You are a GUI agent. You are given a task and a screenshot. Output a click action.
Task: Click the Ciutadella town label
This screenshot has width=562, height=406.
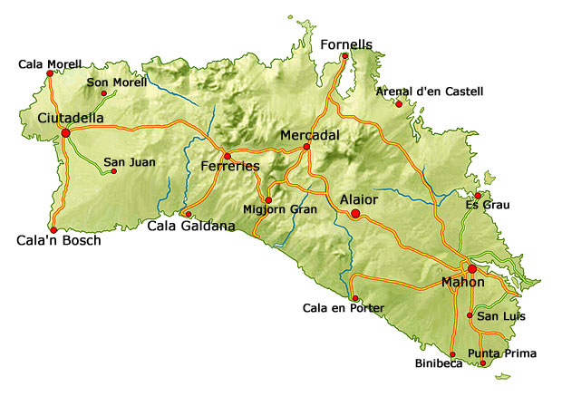tap(70, 118)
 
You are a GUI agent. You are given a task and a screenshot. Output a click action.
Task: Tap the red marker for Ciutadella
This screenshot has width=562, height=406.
tap(65, 133)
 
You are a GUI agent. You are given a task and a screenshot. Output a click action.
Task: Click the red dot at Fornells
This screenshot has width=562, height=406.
tap(344, 56)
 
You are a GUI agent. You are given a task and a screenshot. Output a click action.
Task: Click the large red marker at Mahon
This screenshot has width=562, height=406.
tap(471, 268)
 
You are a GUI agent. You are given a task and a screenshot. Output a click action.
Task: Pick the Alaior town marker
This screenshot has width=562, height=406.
tap(355, 214)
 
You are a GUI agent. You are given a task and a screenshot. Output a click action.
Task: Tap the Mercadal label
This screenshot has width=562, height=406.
tap(310, 134)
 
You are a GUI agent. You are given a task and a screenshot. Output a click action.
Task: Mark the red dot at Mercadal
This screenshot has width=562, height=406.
tap(306, 147)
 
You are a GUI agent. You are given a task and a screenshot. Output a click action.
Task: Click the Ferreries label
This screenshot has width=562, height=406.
tap(230, 167)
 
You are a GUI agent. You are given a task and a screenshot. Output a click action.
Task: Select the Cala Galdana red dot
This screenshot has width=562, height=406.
tap(189, 215)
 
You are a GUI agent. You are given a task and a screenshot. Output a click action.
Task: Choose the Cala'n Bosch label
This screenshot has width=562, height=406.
tap(58, 241)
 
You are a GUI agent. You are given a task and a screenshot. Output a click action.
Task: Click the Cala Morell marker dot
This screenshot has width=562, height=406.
tap(49, 74)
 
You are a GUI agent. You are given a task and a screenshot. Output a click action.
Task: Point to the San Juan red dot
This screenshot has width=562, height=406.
tap(113, 170)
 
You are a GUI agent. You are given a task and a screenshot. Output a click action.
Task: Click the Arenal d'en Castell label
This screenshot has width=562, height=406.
tap(430, 92)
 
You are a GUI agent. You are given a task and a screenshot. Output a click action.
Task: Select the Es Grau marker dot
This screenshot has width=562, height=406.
tap(478, 195)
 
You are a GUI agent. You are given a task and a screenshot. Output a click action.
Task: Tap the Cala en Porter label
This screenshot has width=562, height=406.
tap(344, 308)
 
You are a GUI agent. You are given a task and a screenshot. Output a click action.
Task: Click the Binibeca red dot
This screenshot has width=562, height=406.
tap(452, 354)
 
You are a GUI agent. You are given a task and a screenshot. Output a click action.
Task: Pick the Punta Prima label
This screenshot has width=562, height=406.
tap(502, 353)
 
